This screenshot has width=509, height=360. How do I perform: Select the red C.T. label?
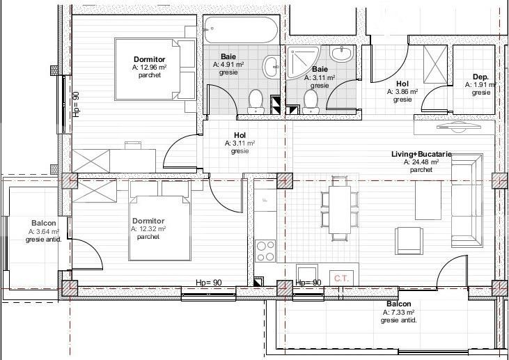pos(341,277)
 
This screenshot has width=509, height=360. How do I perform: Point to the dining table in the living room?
pos(339,208)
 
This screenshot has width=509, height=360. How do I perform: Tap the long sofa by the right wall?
pos(465,198)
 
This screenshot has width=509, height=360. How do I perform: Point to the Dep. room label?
pos(480,77)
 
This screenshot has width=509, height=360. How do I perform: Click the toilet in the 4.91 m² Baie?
pos(255,100)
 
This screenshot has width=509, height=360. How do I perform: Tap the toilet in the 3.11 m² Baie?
pos(310,100)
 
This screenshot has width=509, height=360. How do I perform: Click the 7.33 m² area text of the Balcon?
pos(399,313)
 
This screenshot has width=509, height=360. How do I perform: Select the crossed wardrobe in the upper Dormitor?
pos(91,161)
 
